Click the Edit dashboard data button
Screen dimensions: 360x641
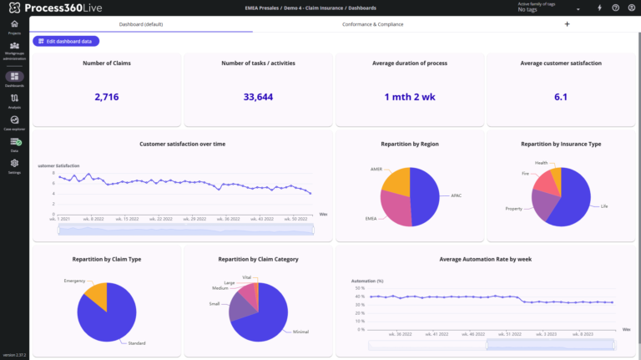pyautogui.click(x=66, y=41)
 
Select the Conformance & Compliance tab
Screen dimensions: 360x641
pyautogui.click(x=372, y=24)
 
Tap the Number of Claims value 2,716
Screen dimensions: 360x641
pyautogui.click(x=106, y=97)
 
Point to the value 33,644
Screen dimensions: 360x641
pyautogui.click(x=258, y=97)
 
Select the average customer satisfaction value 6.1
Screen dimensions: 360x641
pyautogui.click(x=561, y=97)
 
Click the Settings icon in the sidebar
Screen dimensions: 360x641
pyautogui.click(x=14, y=165)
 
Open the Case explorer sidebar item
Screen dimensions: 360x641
pyautogui.click(x=14, y=122)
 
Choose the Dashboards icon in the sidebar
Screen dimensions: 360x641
pyautogui.click(x=14, y=78)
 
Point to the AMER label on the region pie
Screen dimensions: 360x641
pyautogui.click(x=376, y=169)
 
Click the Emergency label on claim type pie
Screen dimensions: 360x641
pyautogui.click(x=74, y=281)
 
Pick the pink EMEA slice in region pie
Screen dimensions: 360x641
pyautogui.click(x=396, y=209)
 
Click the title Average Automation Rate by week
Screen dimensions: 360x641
pyautogui.click(x=485, y=259)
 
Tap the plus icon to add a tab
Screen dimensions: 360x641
pyautogui.click(x=567, y=24)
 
